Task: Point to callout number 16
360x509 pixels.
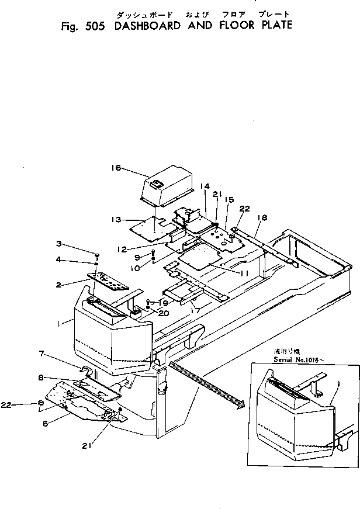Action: (x=115, y=168)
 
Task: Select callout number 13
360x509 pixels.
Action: (x=115, y=219)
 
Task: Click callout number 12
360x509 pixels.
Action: (x=121, y=249)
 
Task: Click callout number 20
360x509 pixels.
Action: (x=164, y=313)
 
